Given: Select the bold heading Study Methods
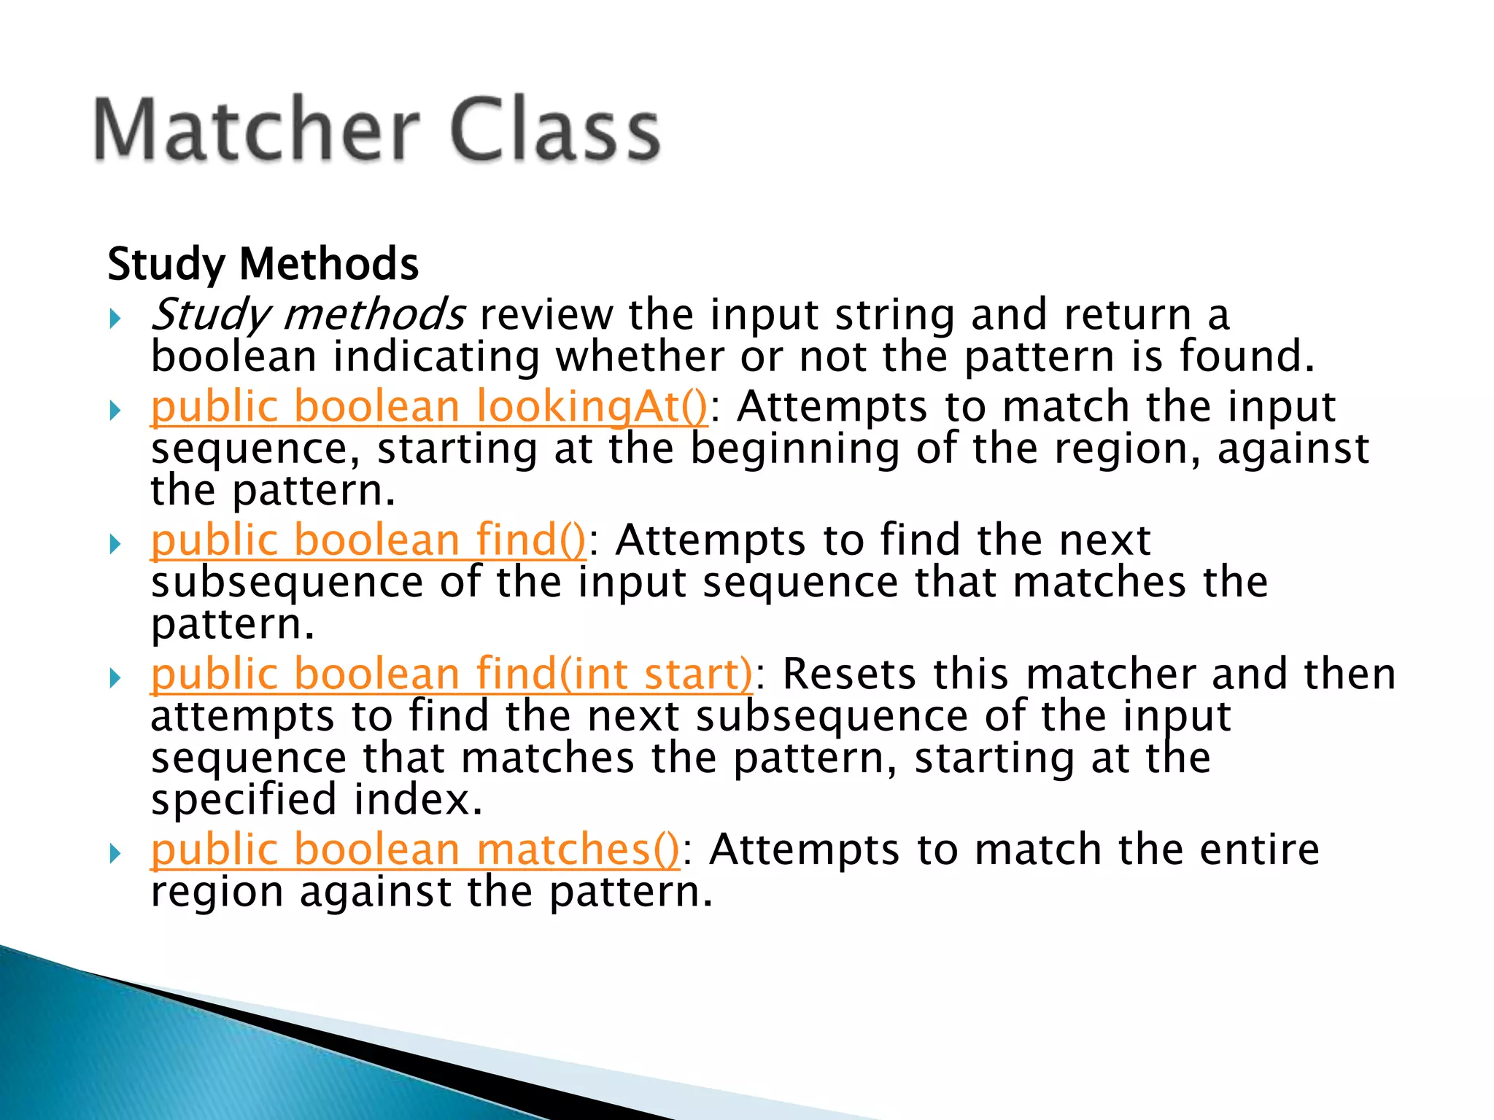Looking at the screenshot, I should click(x=263, y=264).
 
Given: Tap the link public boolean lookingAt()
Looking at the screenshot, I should click(x=429, y=407).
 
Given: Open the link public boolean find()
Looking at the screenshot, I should click(x=368, y=540).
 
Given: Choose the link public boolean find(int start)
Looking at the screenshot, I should click(x=451, y=674).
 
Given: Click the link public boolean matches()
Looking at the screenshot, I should click(x=414, y=850).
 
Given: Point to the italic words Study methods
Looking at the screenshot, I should click(x=308, y=315).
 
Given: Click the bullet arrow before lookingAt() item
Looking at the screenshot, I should click(x=115, y=411).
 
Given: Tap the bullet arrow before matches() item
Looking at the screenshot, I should click(x=115, y=854).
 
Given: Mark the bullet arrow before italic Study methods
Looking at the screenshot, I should click(x=115, y=319).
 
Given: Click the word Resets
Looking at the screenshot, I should click(x=848, y=674).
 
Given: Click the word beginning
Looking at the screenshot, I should click(x=794, y=449).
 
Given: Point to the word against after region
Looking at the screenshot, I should click(x=1293, y=449).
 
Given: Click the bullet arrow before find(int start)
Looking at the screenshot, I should click(x=115, y=677).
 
